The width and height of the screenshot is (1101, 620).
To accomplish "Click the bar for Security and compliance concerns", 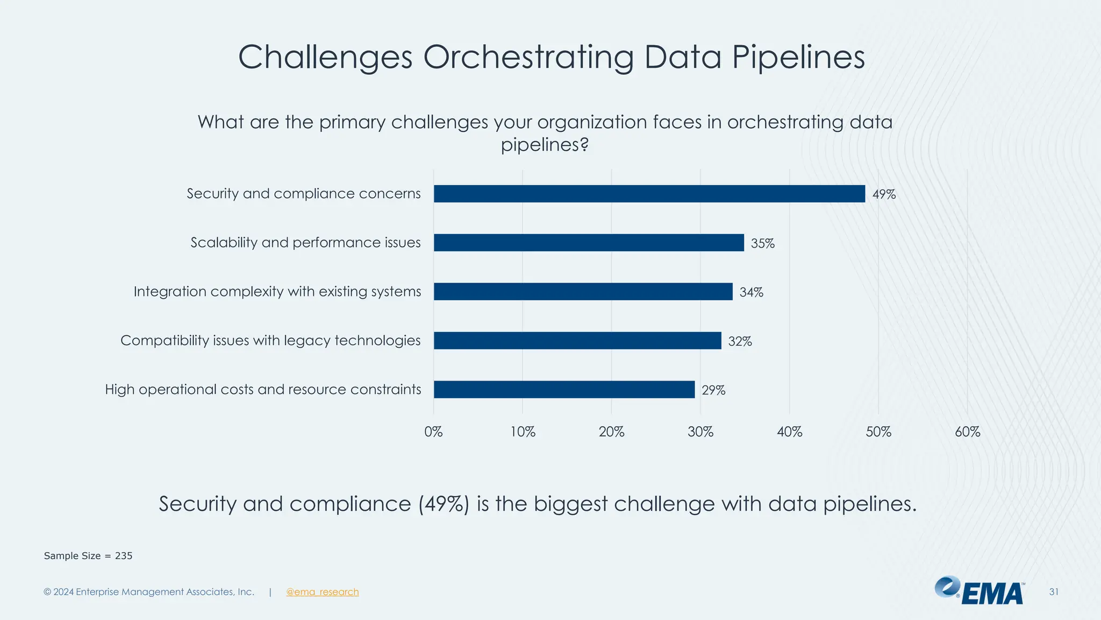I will point(649,194).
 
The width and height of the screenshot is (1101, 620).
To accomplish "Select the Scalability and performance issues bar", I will point(589,243).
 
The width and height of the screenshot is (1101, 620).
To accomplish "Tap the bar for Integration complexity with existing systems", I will point(583,292).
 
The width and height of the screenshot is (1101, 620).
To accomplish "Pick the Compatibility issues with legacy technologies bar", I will point(577,341).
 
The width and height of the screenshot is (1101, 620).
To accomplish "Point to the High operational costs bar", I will point(564,390).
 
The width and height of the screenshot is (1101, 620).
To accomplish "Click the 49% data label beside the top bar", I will point(884,194).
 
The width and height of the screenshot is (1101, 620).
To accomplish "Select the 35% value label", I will point(762,243).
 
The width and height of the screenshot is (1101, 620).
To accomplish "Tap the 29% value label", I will point(713,390).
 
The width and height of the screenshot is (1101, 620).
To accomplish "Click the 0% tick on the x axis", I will point(433,432).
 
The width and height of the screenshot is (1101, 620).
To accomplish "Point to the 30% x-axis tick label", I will point(700,432).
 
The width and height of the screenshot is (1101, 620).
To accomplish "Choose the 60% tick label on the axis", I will point(967,432).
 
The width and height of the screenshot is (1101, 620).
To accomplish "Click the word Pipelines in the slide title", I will point(798,57).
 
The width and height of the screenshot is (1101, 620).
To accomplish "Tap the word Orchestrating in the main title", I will point(528,57).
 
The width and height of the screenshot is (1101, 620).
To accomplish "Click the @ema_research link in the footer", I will point(323,592).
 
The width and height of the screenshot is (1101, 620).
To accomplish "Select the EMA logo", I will point(980,591).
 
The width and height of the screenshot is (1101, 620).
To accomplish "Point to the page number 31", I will point(1054,592).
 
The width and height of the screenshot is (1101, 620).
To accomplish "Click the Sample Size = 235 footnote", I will point(88,556).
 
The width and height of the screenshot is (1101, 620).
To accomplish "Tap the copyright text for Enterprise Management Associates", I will point(149,592).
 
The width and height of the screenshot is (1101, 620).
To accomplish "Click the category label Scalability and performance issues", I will point(305,243).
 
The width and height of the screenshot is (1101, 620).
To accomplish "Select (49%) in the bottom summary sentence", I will point(444,504).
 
